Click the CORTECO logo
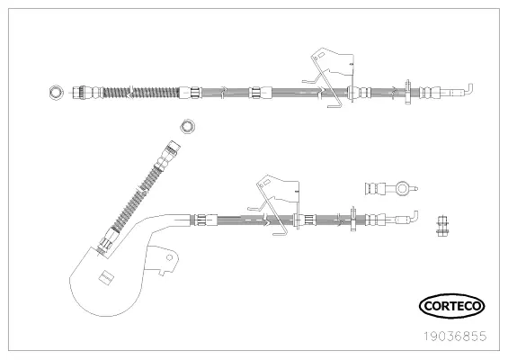coord(451,306)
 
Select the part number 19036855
coord(456,337)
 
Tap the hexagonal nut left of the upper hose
coord(56,93)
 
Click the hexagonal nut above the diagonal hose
coord(187,126)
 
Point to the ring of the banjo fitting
coord(403,189)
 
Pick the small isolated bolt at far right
coord(441,226)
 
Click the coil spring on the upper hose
coord(140,93)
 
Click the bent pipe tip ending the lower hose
coord(411,217)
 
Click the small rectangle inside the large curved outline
coord(105,277)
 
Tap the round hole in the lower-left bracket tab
coord(169,257)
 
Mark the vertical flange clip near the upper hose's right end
coord(407,92)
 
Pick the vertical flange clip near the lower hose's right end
coord(353,219)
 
